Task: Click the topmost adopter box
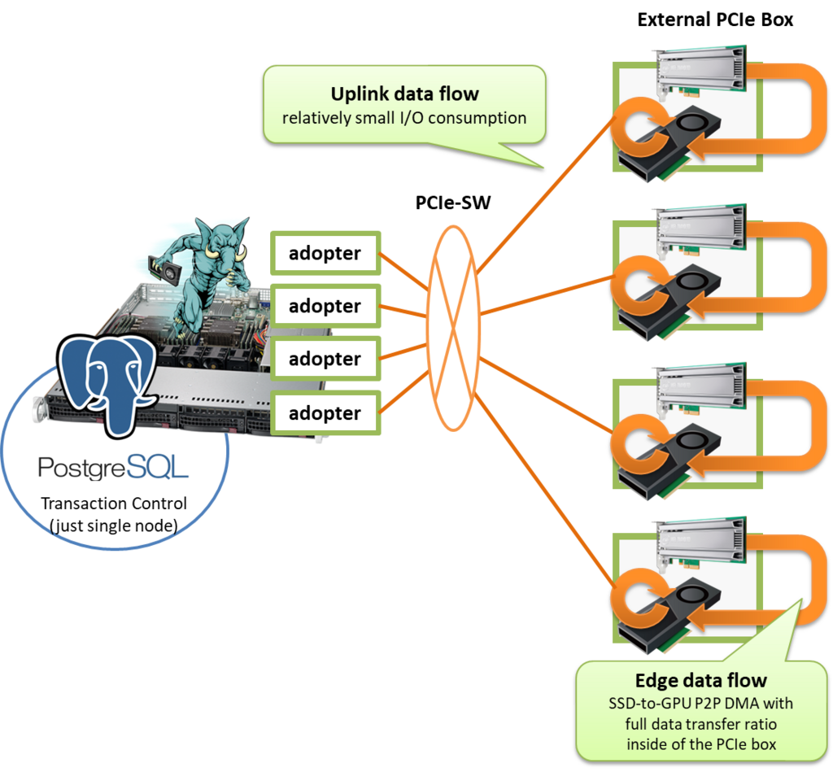coord(325,253)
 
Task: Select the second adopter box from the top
coord(325,306)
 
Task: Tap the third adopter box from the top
coord(325,359)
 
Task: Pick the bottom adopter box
coord(325,412)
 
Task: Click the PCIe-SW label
coord(452,203)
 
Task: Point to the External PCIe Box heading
coord(715,20)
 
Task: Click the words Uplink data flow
coord(405,94)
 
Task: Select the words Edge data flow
coord(700,681)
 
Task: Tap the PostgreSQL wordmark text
coord(113,468)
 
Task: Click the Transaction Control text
coord(114,504)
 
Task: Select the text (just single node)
coord(114,526)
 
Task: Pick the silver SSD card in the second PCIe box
coord(701,229)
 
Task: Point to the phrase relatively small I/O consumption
coord(404,118)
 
